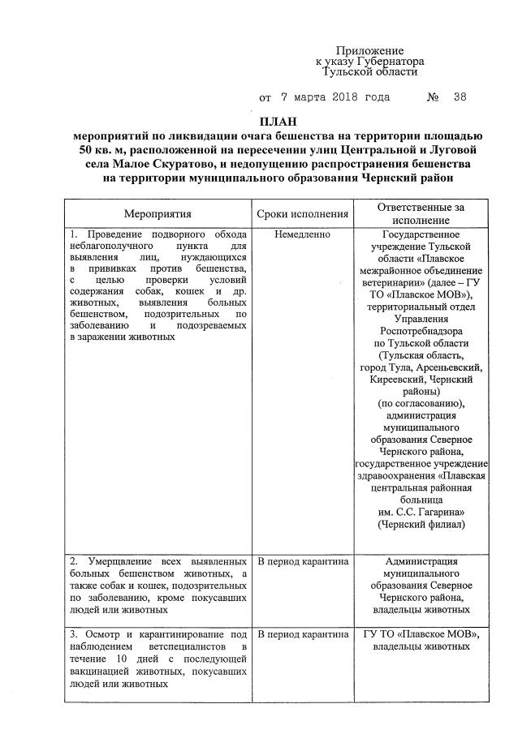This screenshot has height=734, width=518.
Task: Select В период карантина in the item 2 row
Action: [302, 561]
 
